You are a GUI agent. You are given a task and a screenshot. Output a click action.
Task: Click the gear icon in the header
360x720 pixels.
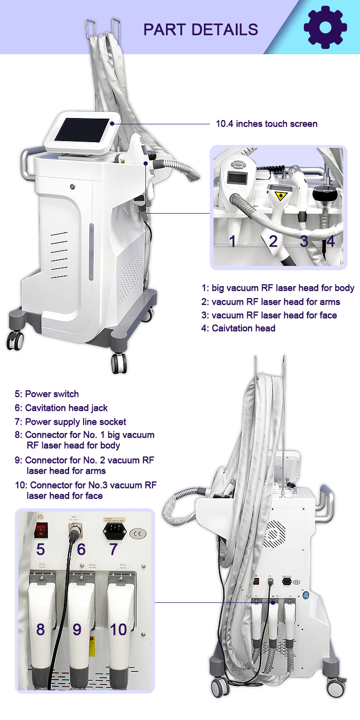tap(325, 27)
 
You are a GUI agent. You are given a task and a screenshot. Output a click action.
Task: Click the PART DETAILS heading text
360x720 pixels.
tap(201, 29)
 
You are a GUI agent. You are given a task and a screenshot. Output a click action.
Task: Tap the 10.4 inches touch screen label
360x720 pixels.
tap(266, 124)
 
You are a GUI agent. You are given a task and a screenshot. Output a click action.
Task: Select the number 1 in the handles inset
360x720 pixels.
tap(232, 240)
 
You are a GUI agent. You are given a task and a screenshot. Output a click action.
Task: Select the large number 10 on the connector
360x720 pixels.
tap(118, 629)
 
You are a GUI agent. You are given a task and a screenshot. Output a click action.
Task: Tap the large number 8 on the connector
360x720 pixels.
tap(40, 629)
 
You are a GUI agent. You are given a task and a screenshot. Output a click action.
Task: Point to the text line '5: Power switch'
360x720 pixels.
tap(47, 394)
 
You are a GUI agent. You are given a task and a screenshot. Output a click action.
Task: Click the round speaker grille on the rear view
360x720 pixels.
tap(275, 531)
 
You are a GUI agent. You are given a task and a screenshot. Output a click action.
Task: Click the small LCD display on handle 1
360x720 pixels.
tap(238, 179)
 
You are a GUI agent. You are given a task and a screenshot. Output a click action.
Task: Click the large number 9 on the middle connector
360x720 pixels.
tap(77, 629)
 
